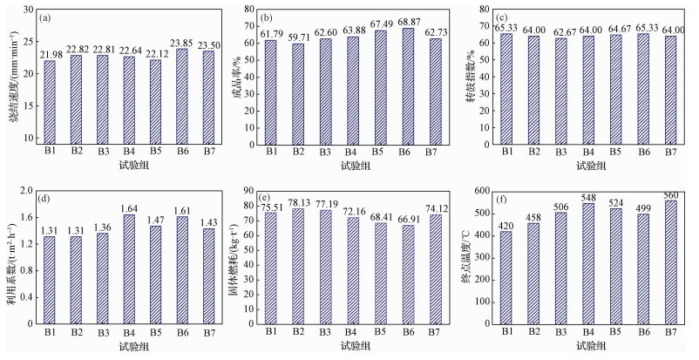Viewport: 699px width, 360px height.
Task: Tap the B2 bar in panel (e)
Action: click(x=296, y=270)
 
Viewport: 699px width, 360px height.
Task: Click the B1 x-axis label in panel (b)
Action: click(x=270, y=152)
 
